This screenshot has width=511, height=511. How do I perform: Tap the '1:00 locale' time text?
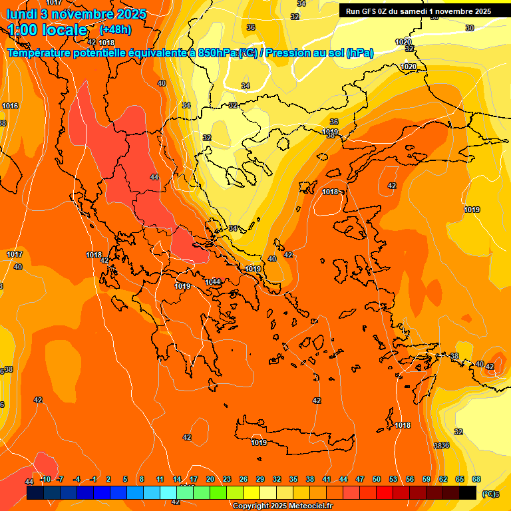[x=47, y=30]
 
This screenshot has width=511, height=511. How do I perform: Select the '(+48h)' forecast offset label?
[x=115, y=30]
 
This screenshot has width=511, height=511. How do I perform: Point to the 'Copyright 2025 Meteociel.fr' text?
[x=282, y=506]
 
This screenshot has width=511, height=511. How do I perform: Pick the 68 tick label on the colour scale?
[x=476, y=479]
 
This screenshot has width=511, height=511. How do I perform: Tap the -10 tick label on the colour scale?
[x=45, y=479]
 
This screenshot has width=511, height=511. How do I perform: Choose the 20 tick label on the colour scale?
[x=210, y=479]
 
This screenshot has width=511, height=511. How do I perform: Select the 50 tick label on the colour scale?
[x=377, y=479]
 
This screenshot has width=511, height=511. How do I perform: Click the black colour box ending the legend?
[x=468, y=492]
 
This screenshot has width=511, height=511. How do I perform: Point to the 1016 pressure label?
[x=10, y=106]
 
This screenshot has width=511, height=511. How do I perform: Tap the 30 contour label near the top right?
[x=470, y=28]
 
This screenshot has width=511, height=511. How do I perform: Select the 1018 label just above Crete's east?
[x=403, y=425]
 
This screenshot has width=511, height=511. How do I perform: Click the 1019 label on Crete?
[x=259, y=442]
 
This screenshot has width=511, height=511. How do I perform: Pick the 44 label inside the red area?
[x=154, y=177]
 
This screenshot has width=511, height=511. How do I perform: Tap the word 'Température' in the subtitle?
[x=47, y=53]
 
